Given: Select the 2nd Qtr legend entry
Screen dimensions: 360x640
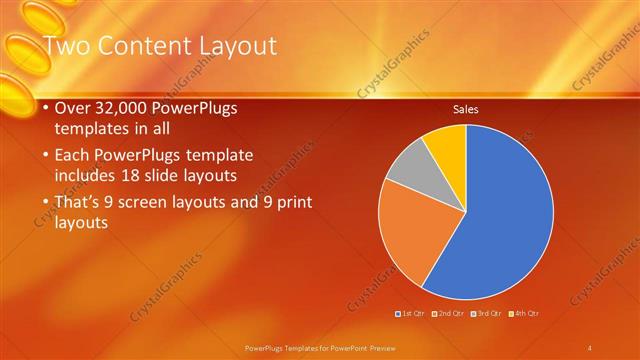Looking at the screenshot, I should click(x=449, y=313).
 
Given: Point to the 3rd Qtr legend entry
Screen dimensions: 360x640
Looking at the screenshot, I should click(x=486, y=313).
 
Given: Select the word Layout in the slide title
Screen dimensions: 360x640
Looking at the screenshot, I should click(x=236, y=46).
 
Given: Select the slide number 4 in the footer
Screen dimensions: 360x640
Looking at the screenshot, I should click(x=589, y=347).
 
